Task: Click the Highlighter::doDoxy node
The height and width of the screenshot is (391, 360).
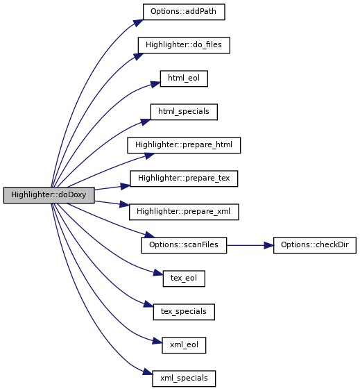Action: click(x=49, y=195)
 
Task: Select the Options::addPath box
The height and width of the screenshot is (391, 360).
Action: click(x=184, y=12)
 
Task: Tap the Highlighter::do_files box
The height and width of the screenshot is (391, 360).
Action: click(x=184, y=45)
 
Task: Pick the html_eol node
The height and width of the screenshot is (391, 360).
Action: click(x=184, y=78)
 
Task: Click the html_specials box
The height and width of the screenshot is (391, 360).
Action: click(x=184, y=112)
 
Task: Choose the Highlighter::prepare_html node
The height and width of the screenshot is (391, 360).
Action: click(x=184, y=145)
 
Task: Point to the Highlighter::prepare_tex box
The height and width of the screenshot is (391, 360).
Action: click(x=184, y=178)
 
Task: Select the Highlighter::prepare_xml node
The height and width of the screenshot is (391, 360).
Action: click(x=184, y=212)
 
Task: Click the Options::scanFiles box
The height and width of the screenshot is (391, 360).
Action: click(x=184, y=245)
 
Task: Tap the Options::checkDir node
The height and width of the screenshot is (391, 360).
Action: click(x=315, y=245)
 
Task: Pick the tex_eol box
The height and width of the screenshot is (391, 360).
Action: click(x=184, y=278)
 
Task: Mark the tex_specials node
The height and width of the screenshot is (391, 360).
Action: click(x=184, y=312)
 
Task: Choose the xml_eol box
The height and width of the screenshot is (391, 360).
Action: click(x=184, y=345)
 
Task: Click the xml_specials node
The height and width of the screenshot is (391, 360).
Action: click(x=184, y=378)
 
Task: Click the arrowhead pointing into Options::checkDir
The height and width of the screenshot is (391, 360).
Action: click(x=268, y=245)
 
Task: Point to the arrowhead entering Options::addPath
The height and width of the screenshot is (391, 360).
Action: click(x=139, y=23)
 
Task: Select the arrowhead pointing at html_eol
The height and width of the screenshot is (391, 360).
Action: click(x=155, y=84)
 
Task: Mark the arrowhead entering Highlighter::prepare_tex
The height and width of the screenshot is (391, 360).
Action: click(x=126, y=186)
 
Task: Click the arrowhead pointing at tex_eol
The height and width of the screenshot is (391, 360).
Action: click(x=158, y=273)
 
